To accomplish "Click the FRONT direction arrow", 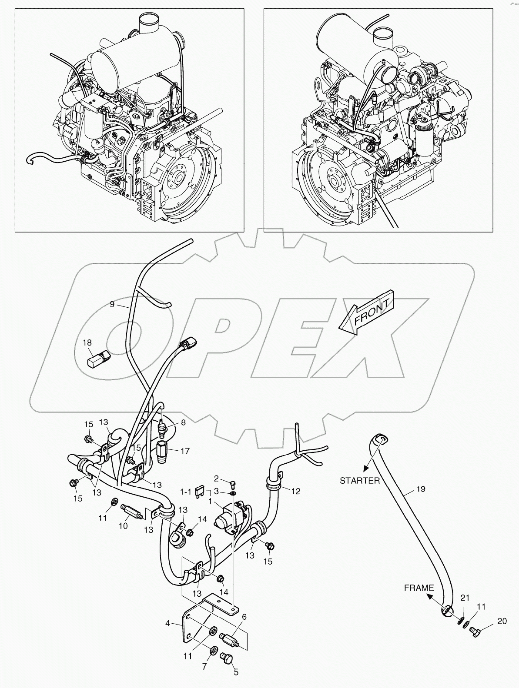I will pos(368,312).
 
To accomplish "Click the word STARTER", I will pos(360,481).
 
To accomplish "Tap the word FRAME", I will pos(419,588).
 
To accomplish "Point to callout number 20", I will pos(502,622).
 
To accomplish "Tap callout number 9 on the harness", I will pos(112,304).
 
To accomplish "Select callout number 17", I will pos(185,451).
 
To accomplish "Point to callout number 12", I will pos(296,491).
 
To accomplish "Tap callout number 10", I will pos(123,526).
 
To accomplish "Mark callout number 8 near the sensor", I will pos(183,422).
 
